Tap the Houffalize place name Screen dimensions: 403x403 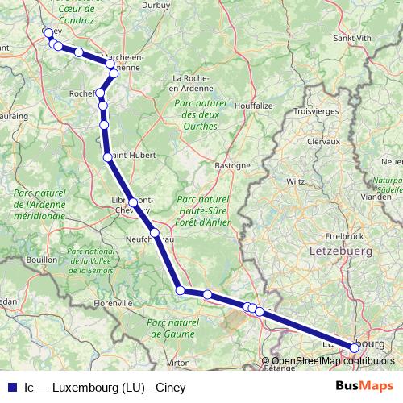251,106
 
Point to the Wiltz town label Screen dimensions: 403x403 296,181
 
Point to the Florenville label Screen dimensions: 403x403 113,303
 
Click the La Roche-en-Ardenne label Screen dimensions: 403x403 193,83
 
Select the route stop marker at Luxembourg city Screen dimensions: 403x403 355,347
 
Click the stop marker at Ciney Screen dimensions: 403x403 48,33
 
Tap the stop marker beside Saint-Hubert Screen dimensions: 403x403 107,156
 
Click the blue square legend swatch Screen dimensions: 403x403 11,385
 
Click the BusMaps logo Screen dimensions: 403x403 364,385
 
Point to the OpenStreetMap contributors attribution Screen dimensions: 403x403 328,360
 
